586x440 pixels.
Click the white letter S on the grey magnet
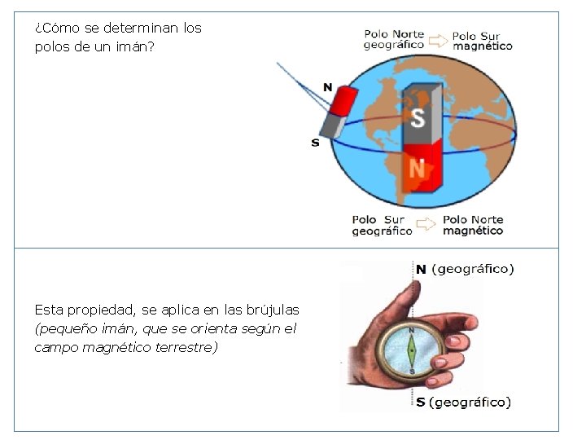point(418,118)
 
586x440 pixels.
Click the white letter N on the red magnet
point(417,168)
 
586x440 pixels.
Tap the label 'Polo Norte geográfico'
point(394,39)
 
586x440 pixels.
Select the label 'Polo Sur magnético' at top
point(482,41)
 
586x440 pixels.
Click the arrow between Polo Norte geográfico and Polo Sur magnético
point(439,38)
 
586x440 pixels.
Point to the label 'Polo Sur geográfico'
point(382,225)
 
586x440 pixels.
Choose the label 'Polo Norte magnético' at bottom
point(473,225)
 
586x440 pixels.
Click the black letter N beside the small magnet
point(327,86)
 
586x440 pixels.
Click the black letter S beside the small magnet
point(315,143)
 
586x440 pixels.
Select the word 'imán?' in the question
point(134,46)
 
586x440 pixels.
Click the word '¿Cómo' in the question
point(52,28)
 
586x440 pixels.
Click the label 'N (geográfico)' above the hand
point(465,268)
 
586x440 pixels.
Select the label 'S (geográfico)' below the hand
point(463,402)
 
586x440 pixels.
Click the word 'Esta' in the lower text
point(48,310)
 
